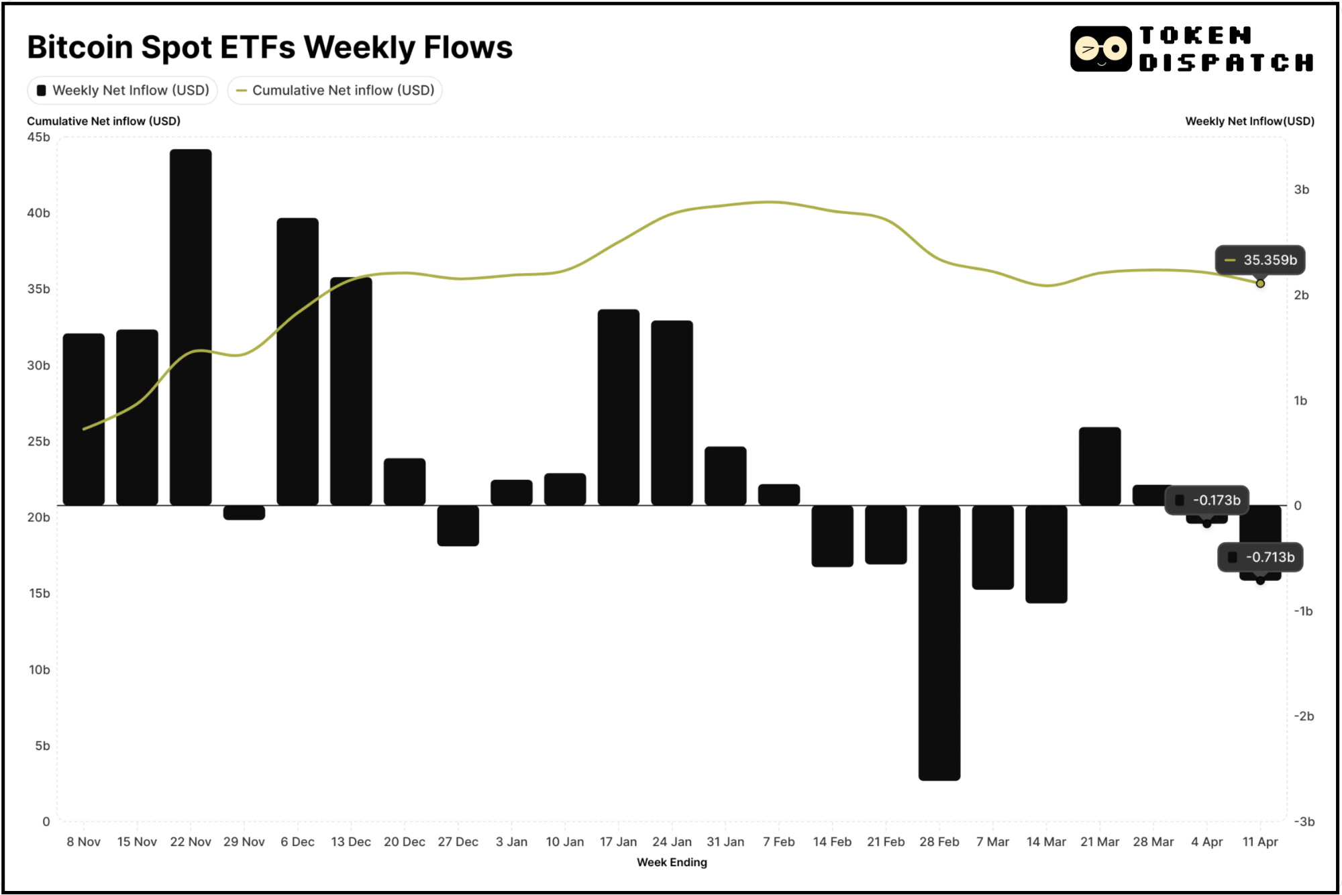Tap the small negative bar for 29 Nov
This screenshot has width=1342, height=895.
tap(244, 513)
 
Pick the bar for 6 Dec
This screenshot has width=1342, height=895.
tap(297, 362)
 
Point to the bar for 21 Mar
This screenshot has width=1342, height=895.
tap(1099, 466)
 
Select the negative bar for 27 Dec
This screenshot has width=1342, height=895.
tap(458, 525)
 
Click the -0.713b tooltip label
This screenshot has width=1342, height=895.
tap(1261, 558)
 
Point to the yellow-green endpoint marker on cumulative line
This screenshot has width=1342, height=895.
tap(1260, 284)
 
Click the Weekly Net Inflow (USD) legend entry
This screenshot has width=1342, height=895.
tap(123, 91)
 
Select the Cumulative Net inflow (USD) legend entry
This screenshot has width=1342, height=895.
tap(335, 91)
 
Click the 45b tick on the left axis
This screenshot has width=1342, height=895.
tap(38, 138)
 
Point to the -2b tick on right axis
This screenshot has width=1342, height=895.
tap(1303, 717)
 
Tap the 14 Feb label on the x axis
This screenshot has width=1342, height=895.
tap(831, 842)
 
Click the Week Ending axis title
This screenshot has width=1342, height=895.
tap(671, 863)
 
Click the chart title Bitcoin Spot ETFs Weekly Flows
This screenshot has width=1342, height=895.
tap(270, 48)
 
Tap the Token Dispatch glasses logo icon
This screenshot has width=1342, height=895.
tap(1100, 49)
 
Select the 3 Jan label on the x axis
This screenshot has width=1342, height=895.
tap(511, 842)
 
